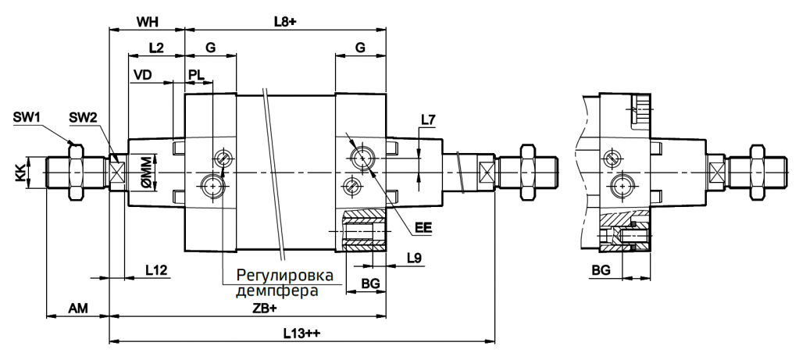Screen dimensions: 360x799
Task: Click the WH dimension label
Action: click(147, 21)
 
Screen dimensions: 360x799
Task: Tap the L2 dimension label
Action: click(155, 48)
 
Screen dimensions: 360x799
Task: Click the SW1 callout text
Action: click(27, 117)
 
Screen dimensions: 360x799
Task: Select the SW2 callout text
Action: click(82, 117)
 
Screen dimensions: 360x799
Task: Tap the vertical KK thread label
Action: click(20, 172)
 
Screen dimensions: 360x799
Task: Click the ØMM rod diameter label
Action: click(145, 172)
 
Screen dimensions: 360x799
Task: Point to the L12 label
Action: click(156, 269)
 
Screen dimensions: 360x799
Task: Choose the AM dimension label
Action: click(77, 309)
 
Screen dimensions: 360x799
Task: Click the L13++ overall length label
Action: click(302, 333)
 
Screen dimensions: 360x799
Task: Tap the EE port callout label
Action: click(423, 230)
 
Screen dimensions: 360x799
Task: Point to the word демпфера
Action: click(276, 291)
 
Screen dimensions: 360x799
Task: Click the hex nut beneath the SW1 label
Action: click(75, 171)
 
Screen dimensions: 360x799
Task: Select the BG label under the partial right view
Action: click(601, 269)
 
